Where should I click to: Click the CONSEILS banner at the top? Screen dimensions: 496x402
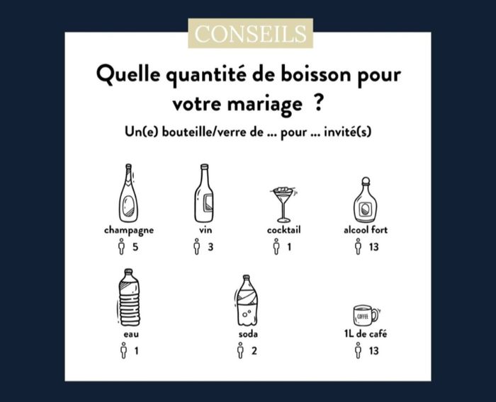click(251, 33)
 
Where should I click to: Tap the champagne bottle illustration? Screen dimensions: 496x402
click(128, 193)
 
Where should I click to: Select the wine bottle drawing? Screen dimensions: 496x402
click(204, 193)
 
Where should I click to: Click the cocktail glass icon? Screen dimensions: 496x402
click(284, 205)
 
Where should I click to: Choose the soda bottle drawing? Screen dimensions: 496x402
click(247, 300)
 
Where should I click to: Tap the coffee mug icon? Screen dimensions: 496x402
click(366, 314)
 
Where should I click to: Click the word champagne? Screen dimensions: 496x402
click(129, 231)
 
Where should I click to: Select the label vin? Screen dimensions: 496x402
click(205, 230)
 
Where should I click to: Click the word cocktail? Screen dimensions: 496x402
click(283, 230)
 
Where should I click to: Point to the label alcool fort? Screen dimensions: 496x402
click(366, 230)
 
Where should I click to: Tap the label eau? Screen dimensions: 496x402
click(131, 334)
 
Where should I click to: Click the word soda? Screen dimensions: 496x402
click(248, 334)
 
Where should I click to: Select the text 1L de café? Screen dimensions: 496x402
click(366, 333)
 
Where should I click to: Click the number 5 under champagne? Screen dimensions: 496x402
click(135, 246)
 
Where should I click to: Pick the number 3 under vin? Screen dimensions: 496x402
click(210, 246)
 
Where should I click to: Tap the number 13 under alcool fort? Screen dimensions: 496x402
click(373, 246)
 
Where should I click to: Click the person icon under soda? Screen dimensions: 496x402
click(240, 350)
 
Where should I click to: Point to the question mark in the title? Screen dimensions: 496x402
click(319, 103)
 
